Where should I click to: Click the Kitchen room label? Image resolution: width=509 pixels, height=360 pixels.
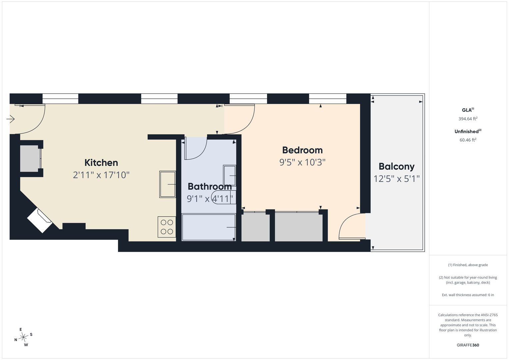pyautogui.click(x=101, y=163)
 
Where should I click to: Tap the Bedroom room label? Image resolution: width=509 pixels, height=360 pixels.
pyautogui.click(x=302, y=150)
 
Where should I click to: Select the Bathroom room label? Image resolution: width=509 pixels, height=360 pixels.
pyautogui.click(x=210, y=187)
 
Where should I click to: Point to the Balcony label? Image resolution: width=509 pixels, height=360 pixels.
pyautogui.click(x=397, y=167)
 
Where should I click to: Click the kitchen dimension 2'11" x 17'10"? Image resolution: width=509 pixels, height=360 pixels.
pyautogui.click(x=101, y=175)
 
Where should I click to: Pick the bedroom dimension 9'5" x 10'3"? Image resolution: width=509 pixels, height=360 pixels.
pyautogui.click(x=302, y=163)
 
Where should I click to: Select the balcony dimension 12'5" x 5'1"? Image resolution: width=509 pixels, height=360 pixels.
pyautogui.click(x=397, y=179)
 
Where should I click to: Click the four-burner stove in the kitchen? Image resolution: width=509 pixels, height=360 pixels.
pyautogui.click(x=167, y=227)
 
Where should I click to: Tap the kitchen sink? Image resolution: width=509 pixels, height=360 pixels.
pyautogui.click(x=167, y=184)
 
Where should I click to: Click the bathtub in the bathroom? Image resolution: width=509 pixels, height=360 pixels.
pyautogui.click(x=209, y=227)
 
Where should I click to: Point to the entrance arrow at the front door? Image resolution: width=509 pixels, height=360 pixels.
pyautogui.click(x=10, y=119)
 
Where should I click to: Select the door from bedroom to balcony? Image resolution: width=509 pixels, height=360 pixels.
pyautogui.click(x=352, y=226)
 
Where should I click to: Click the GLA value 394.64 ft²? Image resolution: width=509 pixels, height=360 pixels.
pyautogui.click(x=468, y=119)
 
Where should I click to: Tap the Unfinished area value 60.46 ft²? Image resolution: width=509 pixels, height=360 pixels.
pyautogui.click(x=468, y=140)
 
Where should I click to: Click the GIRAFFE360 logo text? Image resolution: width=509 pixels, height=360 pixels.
pyautogui.click(x=468, y=345)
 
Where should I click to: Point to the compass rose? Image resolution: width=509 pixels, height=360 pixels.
pyautogui.click(x=23, y=337)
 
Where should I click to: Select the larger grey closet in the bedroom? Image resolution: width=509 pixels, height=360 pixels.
pyautogui.click(x=299, y=227)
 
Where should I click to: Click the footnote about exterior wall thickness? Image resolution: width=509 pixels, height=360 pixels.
pyautogui.click(x=468, y=295)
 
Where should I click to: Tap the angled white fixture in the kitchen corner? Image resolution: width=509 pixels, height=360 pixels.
pyautogui.click(x=40, y=221)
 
